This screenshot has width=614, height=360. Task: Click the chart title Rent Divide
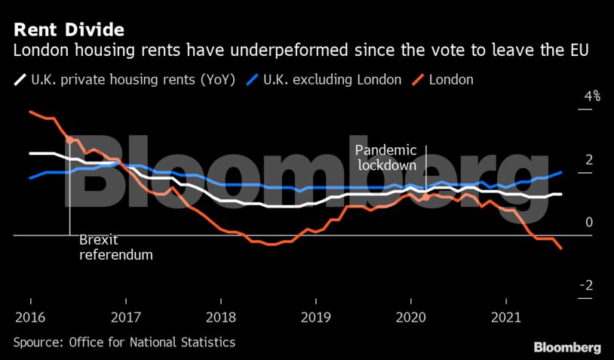(67, 31)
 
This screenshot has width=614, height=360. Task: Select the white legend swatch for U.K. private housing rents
(20, 79)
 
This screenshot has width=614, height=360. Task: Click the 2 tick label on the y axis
(589, 160)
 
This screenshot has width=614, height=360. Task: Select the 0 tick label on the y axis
(589, 223)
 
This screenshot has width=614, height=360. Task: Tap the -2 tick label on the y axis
(587, 286)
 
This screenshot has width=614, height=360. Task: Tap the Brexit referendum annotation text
(115, 248)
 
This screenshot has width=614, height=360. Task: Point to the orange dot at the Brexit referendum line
(70, 140)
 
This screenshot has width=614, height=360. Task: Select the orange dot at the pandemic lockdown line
(426, 197)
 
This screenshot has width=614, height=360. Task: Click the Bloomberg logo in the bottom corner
(567, 347)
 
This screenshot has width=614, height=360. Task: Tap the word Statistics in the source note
(204, 343)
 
